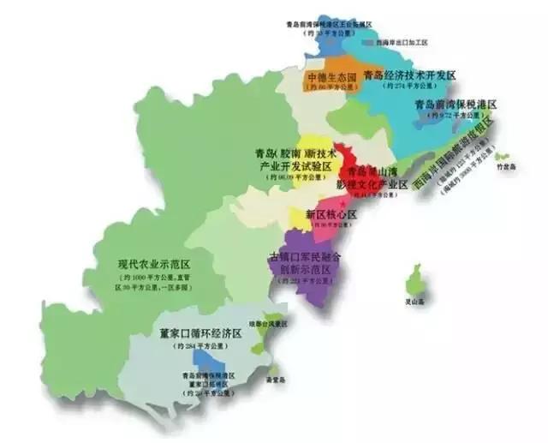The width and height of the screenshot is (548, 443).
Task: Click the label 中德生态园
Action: click(x=331, y=75)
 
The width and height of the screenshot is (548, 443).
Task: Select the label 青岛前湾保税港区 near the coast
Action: click(x=454, y=104)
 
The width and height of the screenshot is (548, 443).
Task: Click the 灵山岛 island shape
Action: click(x=416, y=279)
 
